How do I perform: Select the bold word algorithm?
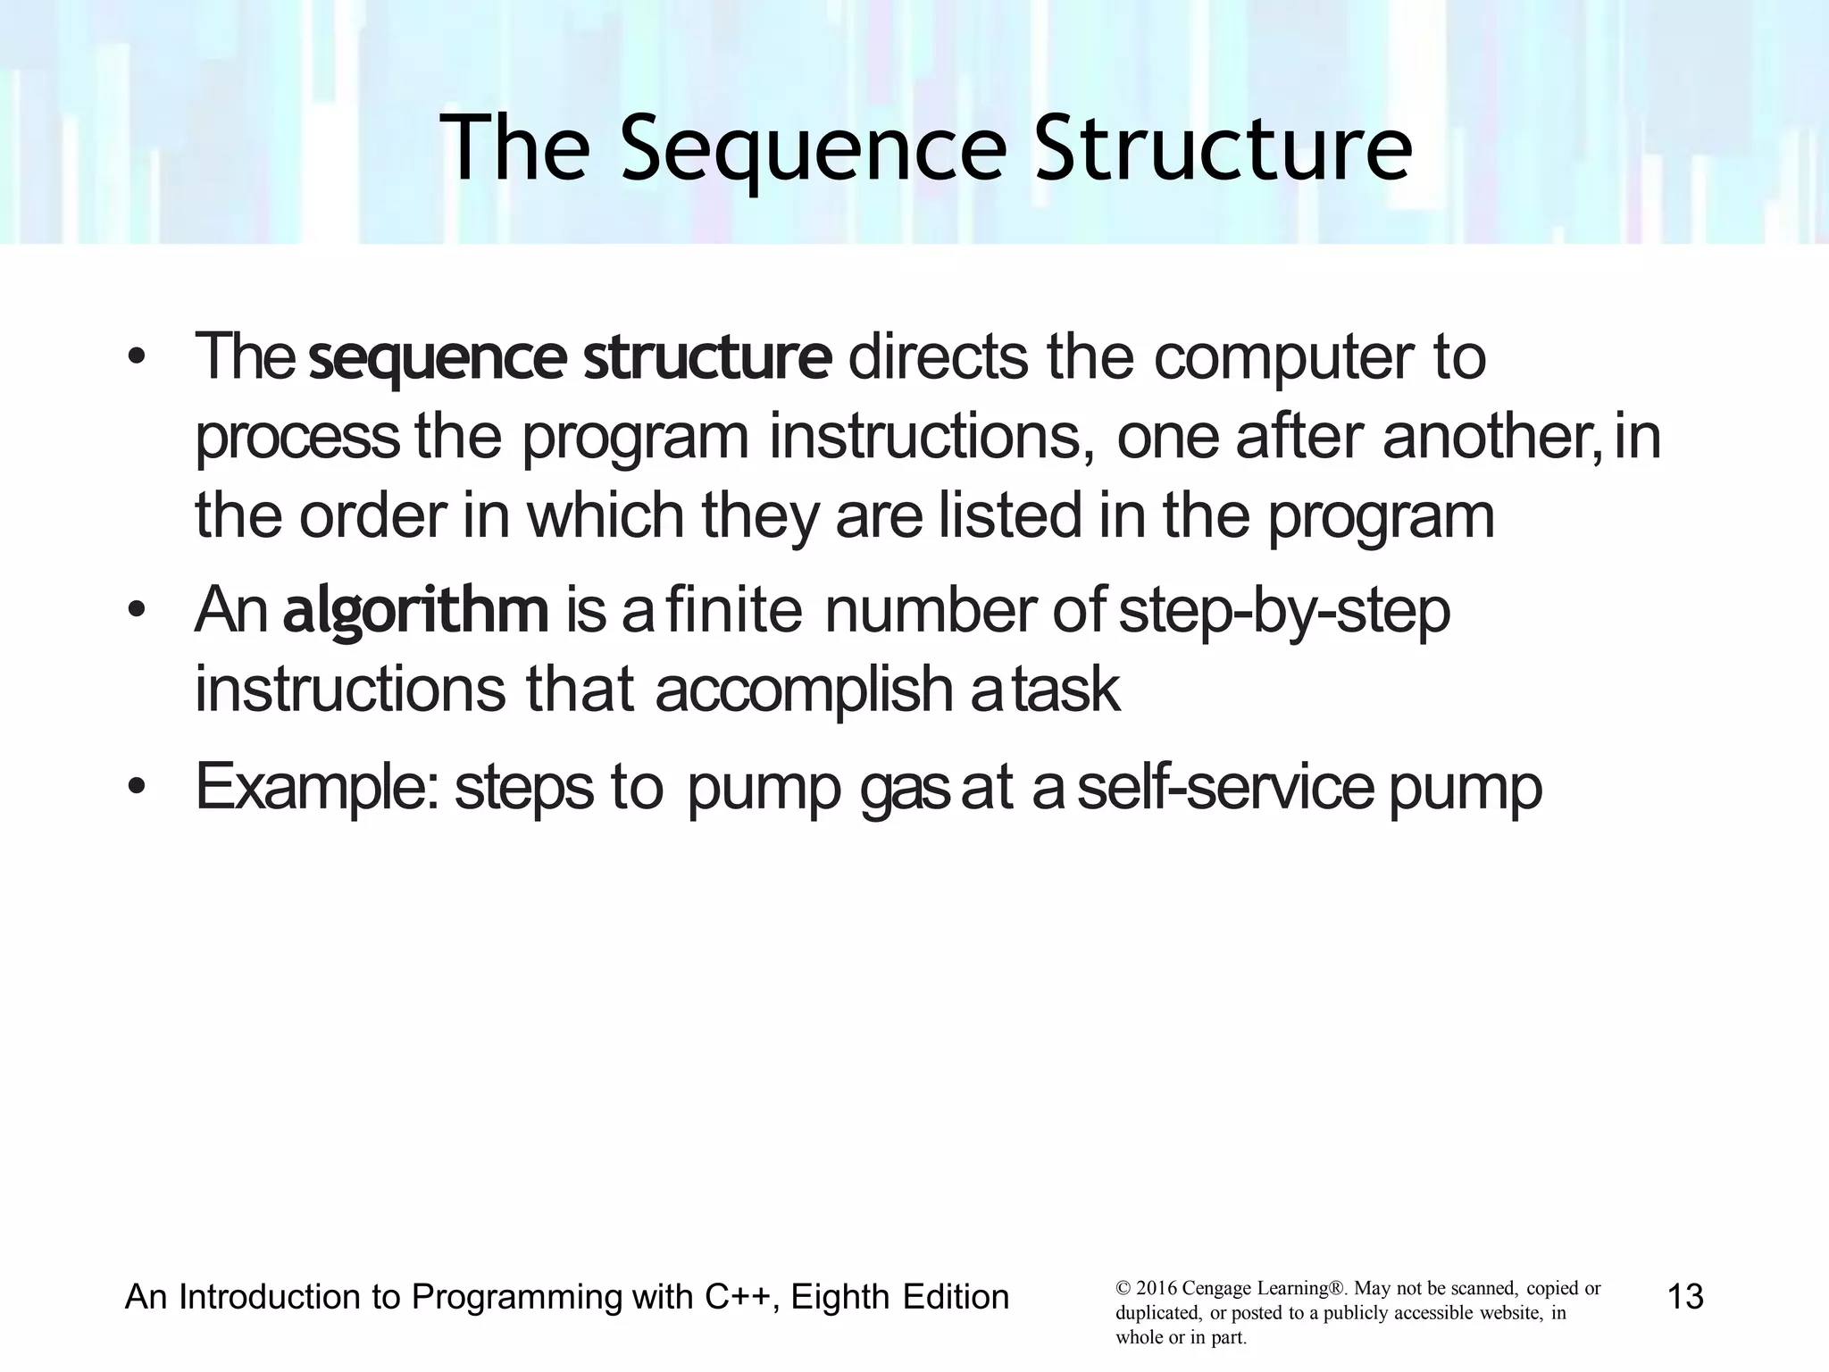pyautogui.click(x=415, y=611)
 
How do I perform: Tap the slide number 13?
pyautogui.click(x=1685, y=1296)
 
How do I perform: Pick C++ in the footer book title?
pyautogui.click(x=737, y=1297)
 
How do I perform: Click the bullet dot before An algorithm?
pyautogui.click(x=136, y=611)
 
